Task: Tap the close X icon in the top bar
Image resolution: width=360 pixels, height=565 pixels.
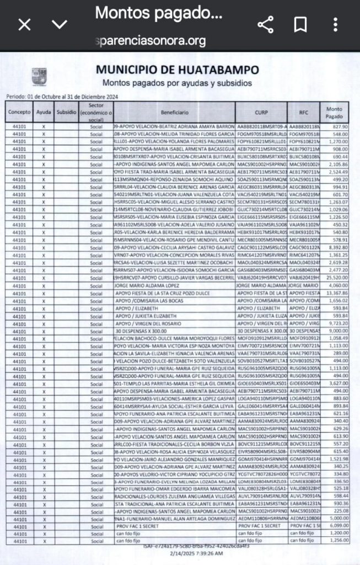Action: (x=25, y=24)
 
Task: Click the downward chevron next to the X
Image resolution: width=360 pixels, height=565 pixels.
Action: (x=60, y=24)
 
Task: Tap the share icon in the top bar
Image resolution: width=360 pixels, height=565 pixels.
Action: (x=266, y=24)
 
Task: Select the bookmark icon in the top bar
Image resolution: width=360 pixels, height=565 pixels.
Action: (x=300, y=24)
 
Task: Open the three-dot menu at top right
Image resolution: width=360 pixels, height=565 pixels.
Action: (x=335, y=24)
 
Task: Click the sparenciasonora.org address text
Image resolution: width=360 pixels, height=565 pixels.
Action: (x=151, y=40)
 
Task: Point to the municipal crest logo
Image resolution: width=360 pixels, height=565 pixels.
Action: (x=39, y=76)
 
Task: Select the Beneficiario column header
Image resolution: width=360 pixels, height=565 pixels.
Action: (x=174, y=112)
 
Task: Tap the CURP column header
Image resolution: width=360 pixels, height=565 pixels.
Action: (x=261, y=112)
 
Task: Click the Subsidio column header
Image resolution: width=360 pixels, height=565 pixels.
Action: (x=66, y=112)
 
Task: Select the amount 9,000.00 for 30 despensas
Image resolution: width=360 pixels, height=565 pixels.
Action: (x=337, y=331)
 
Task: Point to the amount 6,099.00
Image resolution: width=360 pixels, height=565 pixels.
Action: (x=337, y=526)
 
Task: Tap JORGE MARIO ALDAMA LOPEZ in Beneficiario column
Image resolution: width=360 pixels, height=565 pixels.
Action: (x=147, y=286)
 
